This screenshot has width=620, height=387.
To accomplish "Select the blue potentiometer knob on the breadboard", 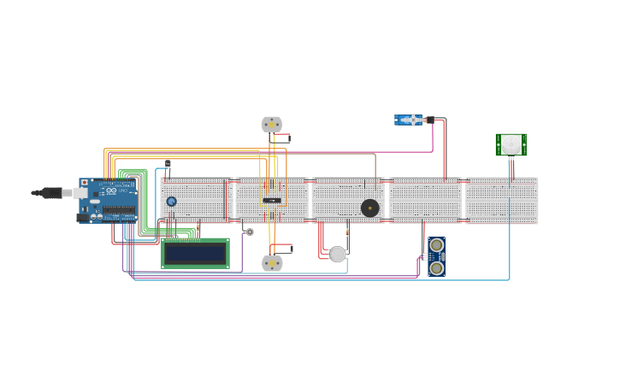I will [x=171, y=202].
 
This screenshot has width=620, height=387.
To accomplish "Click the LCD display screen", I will [x=195, y=254].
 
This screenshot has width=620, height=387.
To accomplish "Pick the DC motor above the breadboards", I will [x=272, y=124].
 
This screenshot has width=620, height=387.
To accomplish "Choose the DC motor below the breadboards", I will [x=272, y=263].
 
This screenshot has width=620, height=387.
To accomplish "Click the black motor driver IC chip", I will [x=272, y=201].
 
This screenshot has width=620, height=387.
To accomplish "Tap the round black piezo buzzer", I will [x=369, y=208].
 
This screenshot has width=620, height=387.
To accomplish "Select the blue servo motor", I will [x=407, y=120].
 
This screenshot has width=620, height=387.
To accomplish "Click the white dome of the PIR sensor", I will [x=511, y=144].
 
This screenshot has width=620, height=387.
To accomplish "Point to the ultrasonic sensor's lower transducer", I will [x=437, y=268].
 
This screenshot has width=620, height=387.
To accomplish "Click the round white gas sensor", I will [x=338, y=254].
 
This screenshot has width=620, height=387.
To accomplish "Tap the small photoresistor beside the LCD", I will [x=250, y=232].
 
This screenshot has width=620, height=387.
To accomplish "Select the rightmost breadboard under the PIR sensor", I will [x=501, y=201].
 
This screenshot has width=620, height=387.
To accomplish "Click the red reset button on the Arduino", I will [x=84, y=183].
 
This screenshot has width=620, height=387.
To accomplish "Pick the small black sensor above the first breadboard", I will [x=168, y=164].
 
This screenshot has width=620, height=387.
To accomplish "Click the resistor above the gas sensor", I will [x=347, y=232].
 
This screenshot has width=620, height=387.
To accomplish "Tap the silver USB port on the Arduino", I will [x=80, y=193].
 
